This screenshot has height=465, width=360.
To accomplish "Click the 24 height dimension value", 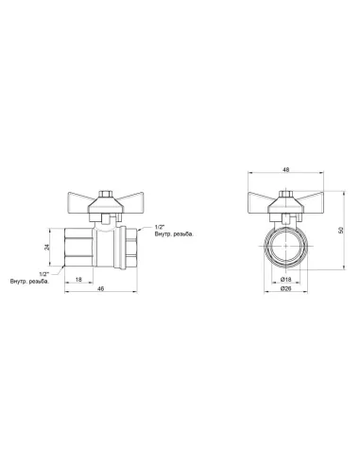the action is pyautogui.click(x=47, y=248).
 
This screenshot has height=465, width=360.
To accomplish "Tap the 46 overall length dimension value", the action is pyautogui.click(x=101, y=288).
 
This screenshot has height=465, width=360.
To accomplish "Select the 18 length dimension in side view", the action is pyautogui.click(x=78, y=279).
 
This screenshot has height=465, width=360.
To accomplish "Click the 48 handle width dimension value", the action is pyautogui.click(x=285, y=170).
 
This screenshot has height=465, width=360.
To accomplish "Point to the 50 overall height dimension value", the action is pyautogui.click(x=340, y=231).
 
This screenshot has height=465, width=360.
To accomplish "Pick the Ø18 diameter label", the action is pyautogui.click(x=285, y=279).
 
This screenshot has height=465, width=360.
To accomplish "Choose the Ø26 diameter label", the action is pyautogui.click(x=285, y=288).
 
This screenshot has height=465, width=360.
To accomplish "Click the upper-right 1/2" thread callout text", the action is pyautogui.click(x=160, y=227).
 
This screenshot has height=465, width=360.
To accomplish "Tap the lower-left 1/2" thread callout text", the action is pyautogui.click(x=44, y=274).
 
